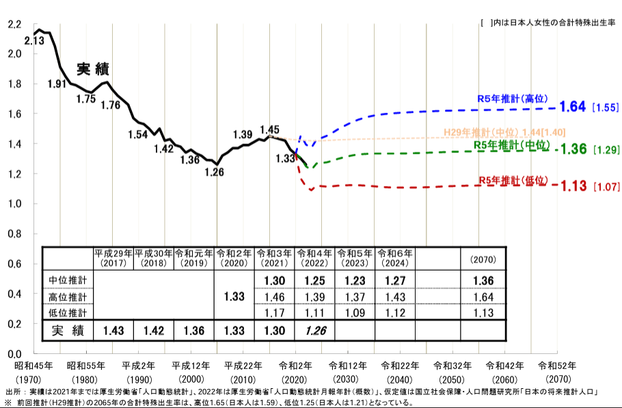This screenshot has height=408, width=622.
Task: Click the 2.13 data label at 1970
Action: (x=34, y=41)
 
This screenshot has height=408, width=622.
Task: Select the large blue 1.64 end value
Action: (x=573, y=107)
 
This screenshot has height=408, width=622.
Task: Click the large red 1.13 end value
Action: (x=573, y=186)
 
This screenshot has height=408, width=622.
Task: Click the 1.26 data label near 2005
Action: (x=214, y=172)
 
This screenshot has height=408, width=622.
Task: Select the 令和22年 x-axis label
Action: (x=395, y=366)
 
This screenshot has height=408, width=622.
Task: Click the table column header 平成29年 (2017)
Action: (x=113, y=257)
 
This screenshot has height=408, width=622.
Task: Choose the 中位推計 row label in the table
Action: (x=68, y=280)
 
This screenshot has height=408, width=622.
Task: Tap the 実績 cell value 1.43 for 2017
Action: (x=113, y=331)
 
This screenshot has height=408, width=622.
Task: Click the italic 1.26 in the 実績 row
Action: (x=315, y=331)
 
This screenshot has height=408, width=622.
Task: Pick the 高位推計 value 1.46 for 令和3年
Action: (x=274, y=297)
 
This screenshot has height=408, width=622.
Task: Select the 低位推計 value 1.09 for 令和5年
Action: (x=355, y=313)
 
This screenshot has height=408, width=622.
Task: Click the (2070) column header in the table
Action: (x=483, y=260)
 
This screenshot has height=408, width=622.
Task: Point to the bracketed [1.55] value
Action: (x=606, y=108)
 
